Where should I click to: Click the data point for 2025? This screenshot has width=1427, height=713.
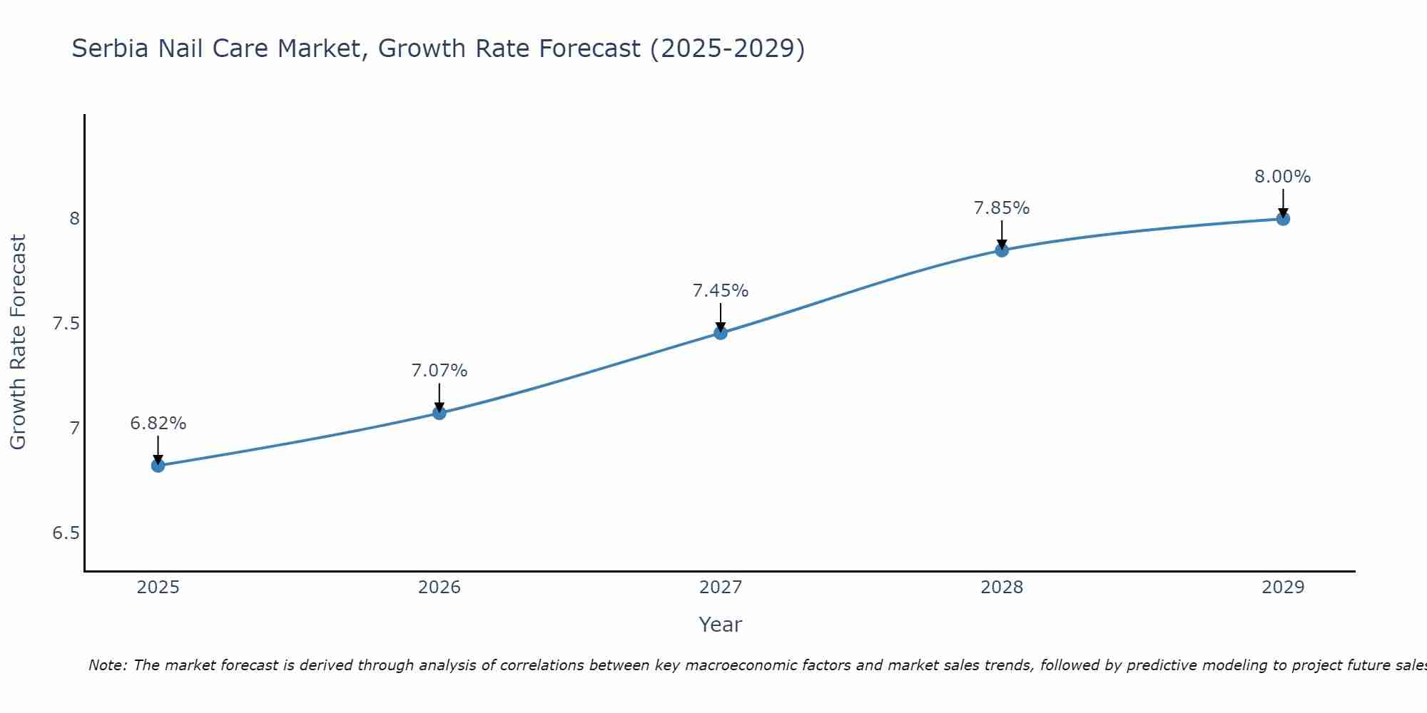[x=158, y=466]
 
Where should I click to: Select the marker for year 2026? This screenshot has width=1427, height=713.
[x=440, y=413]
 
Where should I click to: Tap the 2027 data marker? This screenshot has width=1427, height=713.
[x=721, y=333]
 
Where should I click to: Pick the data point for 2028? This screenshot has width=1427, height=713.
[x=1002, y=250]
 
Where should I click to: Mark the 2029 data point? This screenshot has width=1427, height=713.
[x=1283, y=219]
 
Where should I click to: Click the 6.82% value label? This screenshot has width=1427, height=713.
[x=158, y=424]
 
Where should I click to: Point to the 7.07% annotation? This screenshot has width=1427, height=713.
[x=440, y=371]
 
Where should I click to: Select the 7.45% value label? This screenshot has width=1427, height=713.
[x=721, y=291]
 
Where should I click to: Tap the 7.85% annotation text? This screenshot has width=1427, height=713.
[x=1002, y=208]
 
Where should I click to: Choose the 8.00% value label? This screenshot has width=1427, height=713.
[x=1283, y=177]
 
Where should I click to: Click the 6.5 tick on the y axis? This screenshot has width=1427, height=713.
[x=66, y=533]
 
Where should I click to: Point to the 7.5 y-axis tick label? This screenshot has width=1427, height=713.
[x=66, y=324]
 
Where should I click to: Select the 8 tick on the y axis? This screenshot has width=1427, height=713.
[x=74, y=219]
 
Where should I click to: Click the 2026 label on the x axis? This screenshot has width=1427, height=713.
[x=440, y=588]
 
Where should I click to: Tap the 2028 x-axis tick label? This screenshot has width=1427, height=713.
[x=1002, y=588]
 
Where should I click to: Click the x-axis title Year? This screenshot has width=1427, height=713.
[x=721, y=625]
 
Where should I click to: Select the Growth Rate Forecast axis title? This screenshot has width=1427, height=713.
[x=19, y=342]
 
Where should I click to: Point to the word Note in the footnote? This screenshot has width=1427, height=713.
[x=107, y=665]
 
